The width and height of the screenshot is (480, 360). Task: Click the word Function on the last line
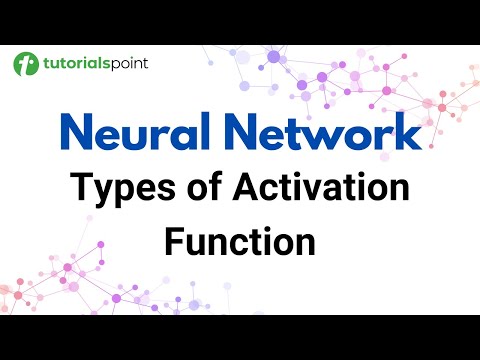[240, 241]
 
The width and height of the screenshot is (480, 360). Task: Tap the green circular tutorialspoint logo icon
[26, 65]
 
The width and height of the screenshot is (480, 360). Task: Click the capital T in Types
[80, 189]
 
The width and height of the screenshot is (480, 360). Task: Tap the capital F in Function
[175, 241]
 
